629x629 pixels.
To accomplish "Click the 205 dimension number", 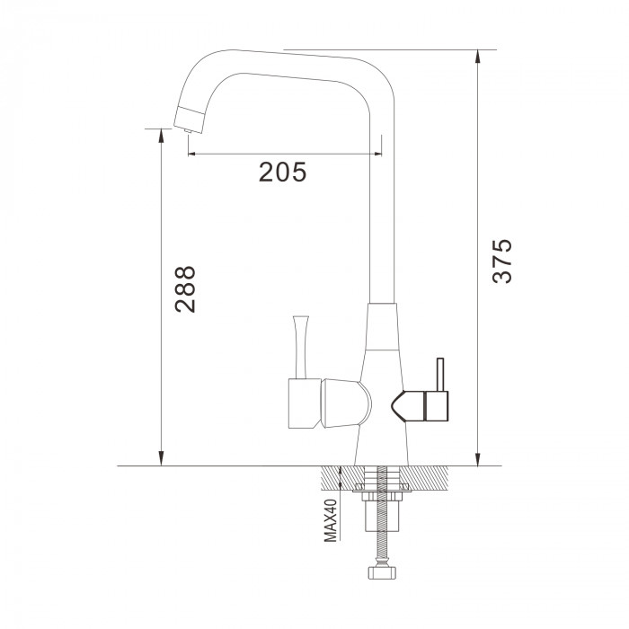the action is (282, 173).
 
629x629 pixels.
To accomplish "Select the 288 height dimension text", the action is (185, 289).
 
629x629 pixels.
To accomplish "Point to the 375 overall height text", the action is (501, 261).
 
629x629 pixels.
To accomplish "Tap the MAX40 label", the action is (331, 520).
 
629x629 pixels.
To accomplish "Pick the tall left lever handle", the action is (301, 347).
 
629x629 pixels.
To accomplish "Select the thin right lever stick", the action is (440, 375).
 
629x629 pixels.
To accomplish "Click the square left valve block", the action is (305, 403).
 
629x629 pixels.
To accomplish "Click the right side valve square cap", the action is (436, 406).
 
